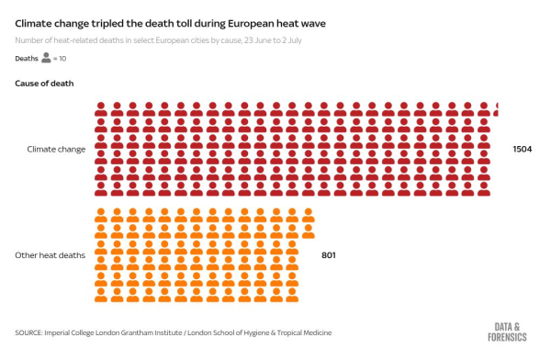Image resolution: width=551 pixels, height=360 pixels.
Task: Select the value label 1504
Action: pos(523,149)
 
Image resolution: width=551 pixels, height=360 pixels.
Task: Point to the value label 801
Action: pos(329,254)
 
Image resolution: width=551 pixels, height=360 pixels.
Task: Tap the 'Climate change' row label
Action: pos(57,149)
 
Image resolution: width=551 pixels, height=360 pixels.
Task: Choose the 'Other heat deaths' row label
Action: pos(51,254)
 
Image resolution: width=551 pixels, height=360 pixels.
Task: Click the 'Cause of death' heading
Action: pos(45,84)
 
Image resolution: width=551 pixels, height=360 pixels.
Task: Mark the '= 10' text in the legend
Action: pos(60,59)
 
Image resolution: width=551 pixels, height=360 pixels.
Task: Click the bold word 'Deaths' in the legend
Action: pos(27,59)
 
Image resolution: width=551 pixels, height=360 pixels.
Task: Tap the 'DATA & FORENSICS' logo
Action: pos(511,332)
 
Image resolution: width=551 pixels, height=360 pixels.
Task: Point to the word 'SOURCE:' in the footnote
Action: pos(28,332)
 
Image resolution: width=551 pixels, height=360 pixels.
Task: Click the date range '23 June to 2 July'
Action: pos(273,41)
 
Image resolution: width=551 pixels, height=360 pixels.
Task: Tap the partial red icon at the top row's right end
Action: pos(497,109)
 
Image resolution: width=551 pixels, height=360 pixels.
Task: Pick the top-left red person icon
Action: pos(102,109)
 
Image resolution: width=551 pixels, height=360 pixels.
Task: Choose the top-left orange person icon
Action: pos(102,215)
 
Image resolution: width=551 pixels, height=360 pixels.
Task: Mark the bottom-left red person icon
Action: pos(102,188)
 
